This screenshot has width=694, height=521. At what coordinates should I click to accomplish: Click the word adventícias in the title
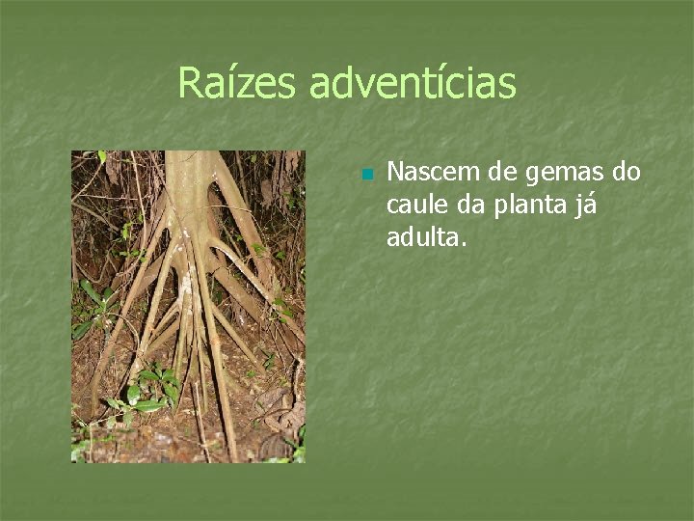point(413,83)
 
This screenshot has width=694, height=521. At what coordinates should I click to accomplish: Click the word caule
point(416,205)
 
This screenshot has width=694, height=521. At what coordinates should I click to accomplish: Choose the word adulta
point(424,236)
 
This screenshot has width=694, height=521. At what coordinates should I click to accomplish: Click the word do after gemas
point(627,173)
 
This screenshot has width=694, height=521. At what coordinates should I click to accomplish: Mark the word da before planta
point(473,205)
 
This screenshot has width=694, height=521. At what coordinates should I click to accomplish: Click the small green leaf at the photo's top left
point(101,155)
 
